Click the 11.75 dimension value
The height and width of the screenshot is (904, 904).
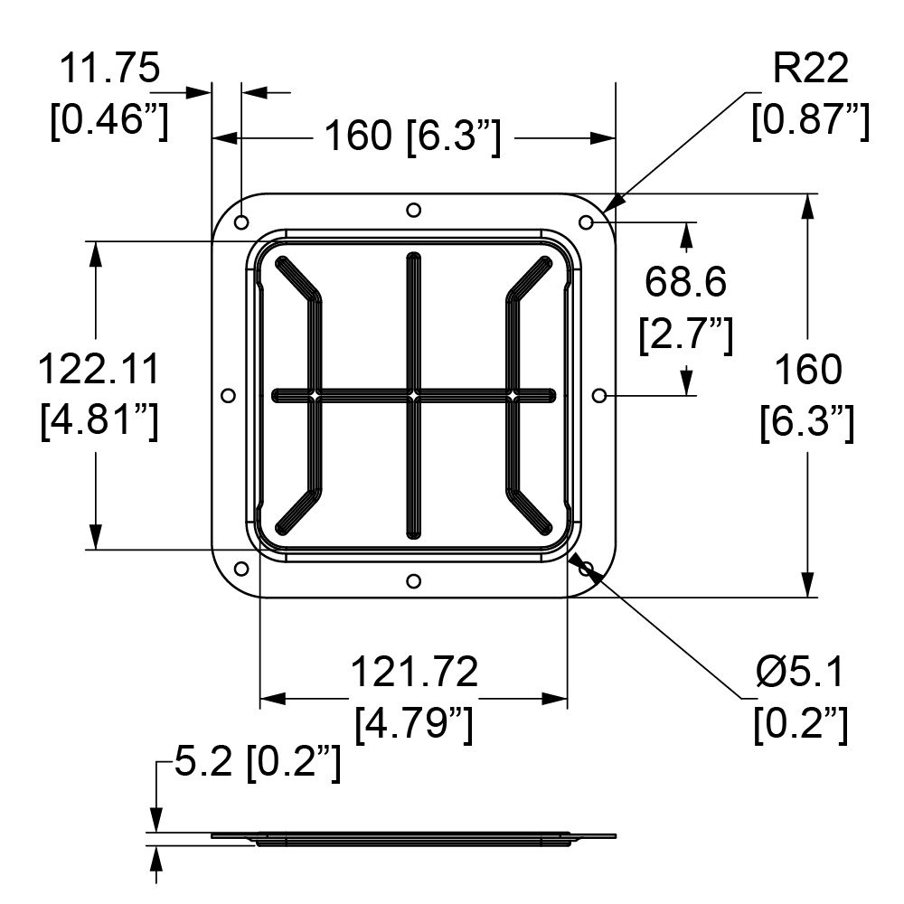pos(109,68)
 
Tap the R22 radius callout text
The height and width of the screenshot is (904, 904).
pos(810,68)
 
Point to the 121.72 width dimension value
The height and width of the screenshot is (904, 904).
pos(414,672)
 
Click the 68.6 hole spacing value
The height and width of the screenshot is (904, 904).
pos(685,282)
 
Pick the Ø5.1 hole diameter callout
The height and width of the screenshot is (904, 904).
pos(800,672)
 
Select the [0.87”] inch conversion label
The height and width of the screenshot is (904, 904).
pos(811,120)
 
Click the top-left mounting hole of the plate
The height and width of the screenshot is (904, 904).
pos(241,222)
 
